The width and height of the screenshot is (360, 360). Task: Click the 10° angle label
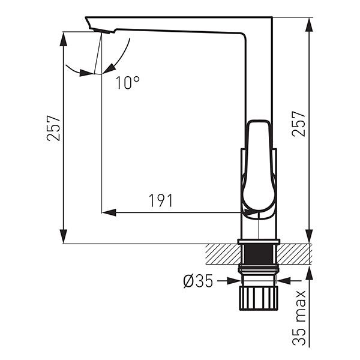[x=128, y=83]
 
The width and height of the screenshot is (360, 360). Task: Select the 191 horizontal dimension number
[x=160, y=200]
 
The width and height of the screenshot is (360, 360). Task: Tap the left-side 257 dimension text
[x=53, y=128]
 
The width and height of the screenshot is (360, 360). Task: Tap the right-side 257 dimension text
[x=299, y=124]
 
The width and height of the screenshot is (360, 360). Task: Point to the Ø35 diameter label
[x=199, y=281]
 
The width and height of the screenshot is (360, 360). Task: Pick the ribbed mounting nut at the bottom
[x=259, y=298]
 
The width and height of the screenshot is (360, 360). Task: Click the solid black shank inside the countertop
[x=259, y=254]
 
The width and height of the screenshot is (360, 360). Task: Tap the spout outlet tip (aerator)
[x=102, y=31]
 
